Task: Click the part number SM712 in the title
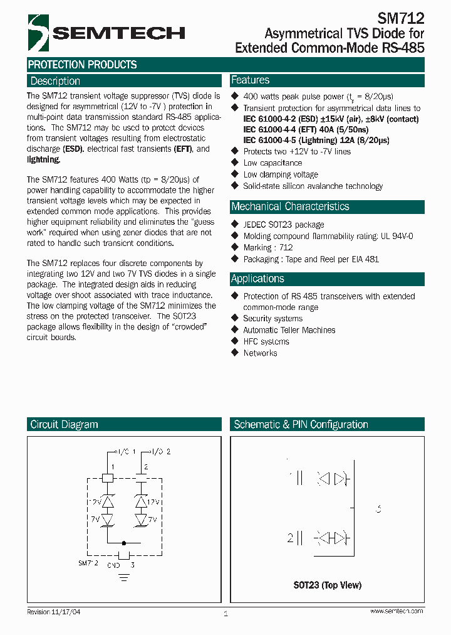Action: point(401,19)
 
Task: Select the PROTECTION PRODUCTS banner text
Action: point(82,65)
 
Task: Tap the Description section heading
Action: point(55,81)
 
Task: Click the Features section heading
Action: point(251,80)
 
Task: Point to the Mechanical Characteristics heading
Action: point(290,206)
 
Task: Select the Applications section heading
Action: point(257,279)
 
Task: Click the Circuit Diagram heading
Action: point(64,425)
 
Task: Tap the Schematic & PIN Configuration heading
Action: point(301,425)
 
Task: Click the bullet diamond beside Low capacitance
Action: point(236,163)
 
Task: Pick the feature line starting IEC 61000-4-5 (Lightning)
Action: point(316,140)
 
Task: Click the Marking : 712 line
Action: point(268,247)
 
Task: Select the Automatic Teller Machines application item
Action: point(289,330)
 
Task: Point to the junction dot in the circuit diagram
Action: point(124,543)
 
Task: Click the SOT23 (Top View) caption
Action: point(328,585)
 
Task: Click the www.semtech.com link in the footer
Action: point(397,611)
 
